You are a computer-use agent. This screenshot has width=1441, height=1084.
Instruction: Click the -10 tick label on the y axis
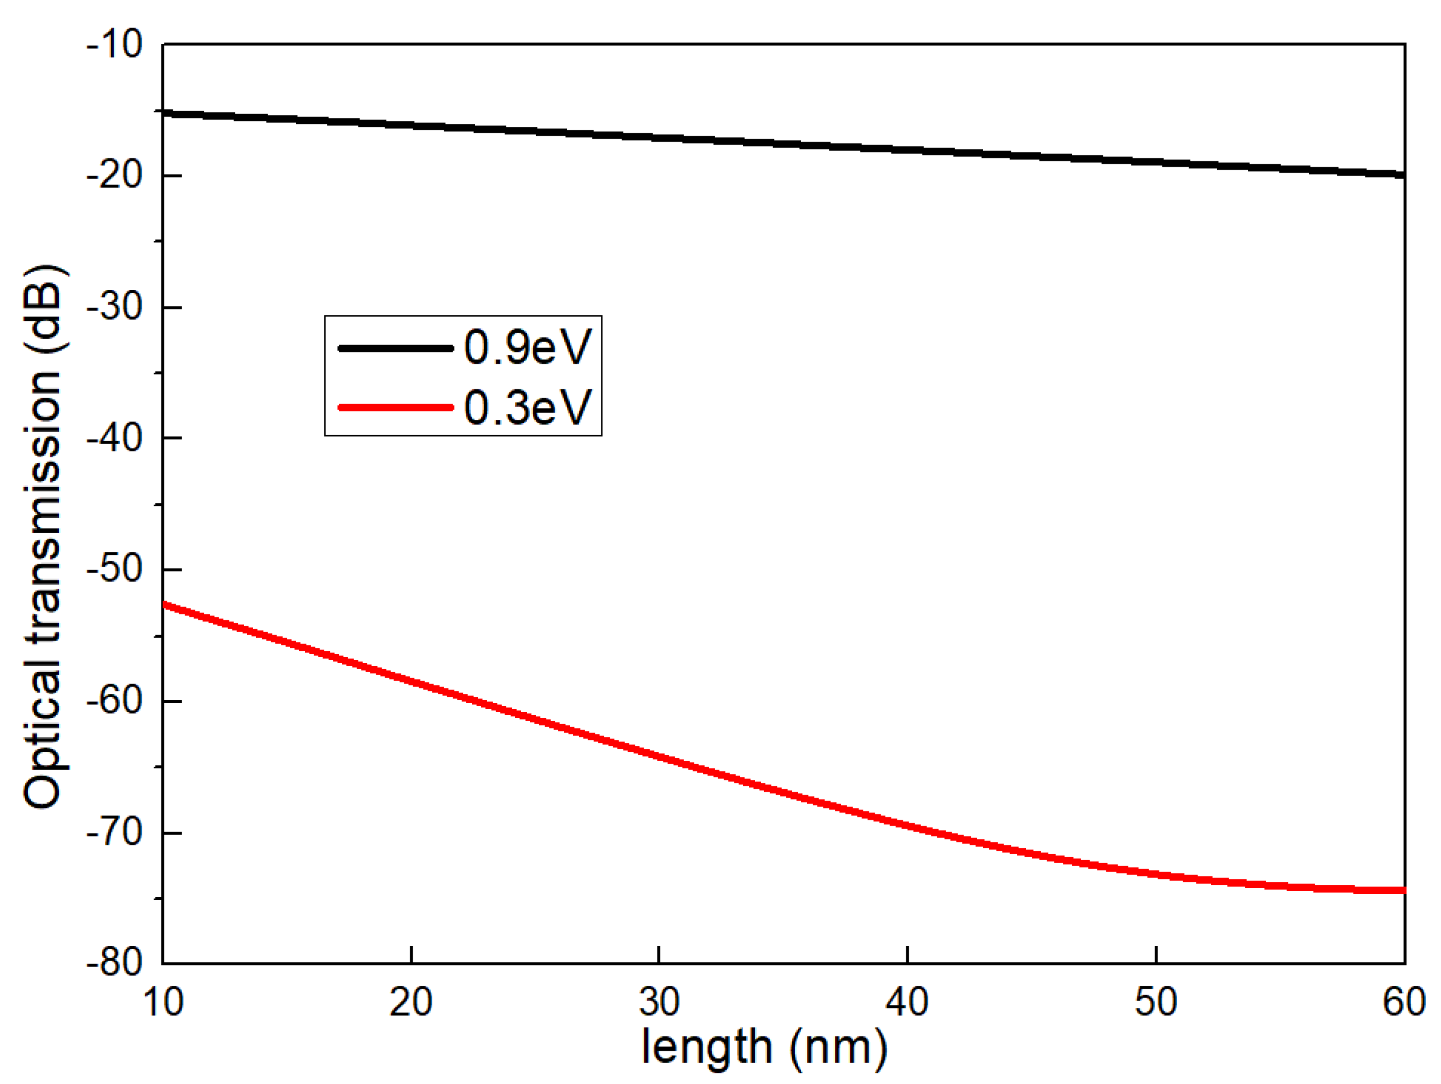pos(115,45)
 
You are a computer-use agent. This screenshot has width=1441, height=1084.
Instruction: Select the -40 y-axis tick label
pos(115,438)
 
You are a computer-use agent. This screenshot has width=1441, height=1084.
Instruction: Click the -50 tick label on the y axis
pos(115,569)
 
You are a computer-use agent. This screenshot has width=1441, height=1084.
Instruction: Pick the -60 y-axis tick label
pos(115,701)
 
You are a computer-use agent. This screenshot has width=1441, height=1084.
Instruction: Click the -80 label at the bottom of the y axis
pos(115,962)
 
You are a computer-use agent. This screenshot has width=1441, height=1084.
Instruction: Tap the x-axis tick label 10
pos(163,1002)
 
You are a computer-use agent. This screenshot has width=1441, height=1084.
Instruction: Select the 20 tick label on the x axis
pos(411,1002)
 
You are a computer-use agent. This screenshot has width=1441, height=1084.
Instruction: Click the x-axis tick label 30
pos(659,1002)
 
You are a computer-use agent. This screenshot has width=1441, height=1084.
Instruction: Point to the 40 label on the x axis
pos(907,1002)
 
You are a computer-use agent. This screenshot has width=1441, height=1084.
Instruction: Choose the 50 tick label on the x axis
pos(1156,1002)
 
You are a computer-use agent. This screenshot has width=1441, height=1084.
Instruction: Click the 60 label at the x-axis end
pos(1404,1002)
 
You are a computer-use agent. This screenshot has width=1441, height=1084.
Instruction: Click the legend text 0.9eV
pos(528,346)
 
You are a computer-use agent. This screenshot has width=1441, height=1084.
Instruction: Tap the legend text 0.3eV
pos(528,407)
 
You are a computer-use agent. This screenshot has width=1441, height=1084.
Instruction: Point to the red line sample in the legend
pos(395,408)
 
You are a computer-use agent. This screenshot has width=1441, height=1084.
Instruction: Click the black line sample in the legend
pos(395,348)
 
